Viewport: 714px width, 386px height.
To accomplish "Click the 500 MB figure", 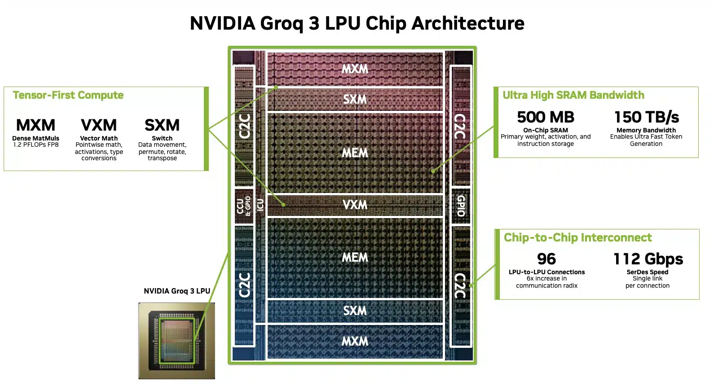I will pyautogui.click(x=545, y=117).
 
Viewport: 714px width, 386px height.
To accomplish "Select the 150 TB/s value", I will pyautogui.click(x=646, y=117).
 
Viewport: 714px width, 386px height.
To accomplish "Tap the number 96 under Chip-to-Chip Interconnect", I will pyautogui.click(x=546, y=259).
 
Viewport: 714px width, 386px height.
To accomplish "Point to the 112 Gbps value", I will pyautogui.click(x=648, y=259).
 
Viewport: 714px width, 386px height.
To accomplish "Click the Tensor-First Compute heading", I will pyautogui.click(x=68, y=95).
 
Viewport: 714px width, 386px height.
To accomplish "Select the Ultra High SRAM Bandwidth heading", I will pyautogui.click(x=573, y=95).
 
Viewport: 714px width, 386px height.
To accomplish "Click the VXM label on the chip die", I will pyautogui.click(x=355, y=205).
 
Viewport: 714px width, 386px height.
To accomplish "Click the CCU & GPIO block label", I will pyautogui.click(x=243, y=206).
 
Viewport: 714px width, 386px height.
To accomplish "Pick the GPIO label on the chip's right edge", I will pyautogui.click(x=461, y=206).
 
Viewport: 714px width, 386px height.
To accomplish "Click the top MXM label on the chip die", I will pyautogui.click(x=355, y=69).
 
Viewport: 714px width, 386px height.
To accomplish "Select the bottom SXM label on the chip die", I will pyautogui.click(x=355, y=311).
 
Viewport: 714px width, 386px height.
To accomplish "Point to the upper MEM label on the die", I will pyautogui.click(x=355, y=153).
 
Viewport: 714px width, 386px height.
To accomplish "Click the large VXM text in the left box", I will pyautogui.click(x=99, y=125).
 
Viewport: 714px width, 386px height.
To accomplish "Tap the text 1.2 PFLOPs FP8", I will pyautogui.click(x=36, y=145).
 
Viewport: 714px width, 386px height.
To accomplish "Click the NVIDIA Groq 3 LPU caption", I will pyautogui.click(x=177, y=291).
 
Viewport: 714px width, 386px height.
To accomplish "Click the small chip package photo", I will pyautogui.click(x=176, y=340).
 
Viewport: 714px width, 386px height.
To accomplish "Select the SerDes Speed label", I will pyautogui.click(x=647, y=272).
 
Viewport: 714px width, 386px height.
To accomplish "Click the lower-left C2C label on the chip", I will pyautogui.click(x=244, y=285).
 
